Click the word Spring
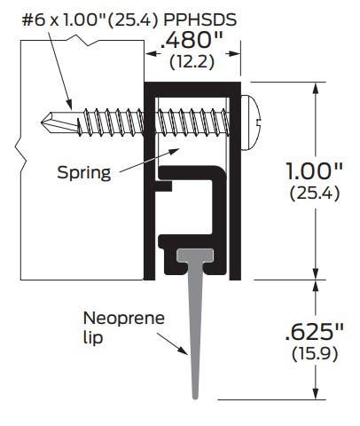(x=85, y=172)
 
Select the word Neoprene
(x=113, y=317)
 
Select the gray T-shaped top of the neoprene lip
(x=194, y=255)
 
